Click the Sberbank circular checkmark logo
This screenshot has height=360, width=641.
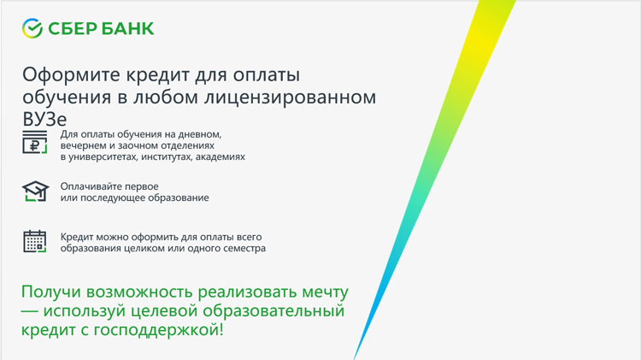(x=32, y=28)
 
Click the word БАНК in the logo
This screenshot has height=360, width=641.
(x=128, y=28)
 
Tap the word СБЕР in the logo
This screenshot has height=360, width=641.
(x=73, y=28)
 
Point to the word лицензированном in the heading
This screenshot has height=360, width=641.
(x=290, y=97)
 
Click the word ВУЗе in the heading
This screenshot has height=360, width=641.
(x=44, y=120)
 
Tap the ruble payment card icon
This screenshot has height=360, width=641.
(x=35, y=142)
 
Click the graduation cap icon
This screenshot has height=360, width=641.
(x=36, y=191)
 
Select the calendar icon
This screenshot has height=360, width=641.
(x=35, y=241)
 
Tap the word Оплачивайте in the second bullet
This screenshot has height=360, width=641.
(x=87, y=186)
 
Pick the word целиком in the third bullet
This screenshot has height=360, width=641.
(x=144, y=248)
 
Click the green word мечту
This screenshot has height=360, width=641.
(x=326, y=292)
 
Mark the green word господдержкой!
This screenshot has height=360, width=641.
(x=159, y=330)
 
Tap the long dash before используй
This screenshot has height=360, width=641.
(x=29, y=311)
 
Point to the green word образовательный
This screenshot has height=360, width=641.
(x=273, y=311)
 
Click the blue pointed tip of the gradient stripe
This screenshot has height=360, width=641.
(x=354, y=359)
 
